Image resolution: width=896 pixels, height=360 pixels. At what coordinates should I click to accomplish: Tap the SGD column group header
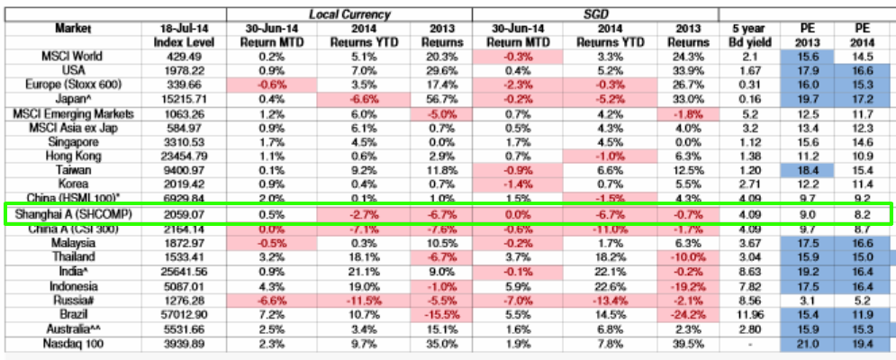(593, 13)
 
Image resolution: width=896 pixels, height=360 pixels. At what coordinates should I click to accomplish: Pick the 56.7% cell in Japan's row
(439, 99)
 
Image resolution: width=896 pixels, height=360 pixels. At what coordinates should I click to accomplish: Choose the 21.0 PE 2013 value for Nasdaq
(808, 343)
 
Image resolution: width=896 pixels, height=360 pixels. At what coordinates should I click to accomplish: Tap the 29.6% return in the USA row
(439, 70)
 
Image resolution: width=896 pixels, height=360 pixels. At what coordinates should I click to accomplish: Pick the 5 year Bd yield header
(748, 35)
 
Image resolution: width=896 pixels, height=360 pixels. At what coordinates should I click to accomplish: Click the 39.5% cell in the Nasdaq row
(686, 343)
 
